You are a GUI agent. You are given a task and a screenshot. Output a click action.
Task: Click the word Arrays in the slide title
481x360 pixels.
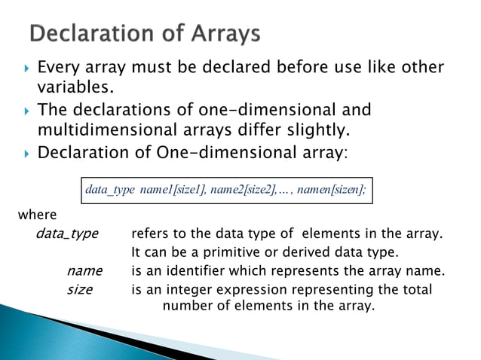tap(224, 35)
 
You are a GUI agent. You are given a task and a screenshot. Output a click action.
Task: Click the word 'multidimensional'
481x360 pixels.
tap(109, 132)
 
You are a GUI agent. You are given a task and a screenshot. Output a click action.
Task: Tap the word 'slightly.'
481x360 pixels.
tap(316, 132)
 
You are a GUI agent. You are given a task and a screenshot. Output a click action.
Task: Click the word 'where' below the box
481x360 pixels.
tap(38, 216)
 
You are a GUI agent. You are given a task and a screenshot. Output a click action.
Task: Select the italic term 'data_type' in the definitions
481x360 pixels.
tap(67, 233)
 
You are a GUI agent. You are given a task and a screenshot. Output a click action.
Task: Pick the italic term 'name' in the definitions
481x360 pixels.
tap(84, 271)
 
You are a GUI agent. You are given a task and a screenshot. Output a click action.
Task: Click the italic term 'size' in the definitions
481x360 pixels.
tap(80, 290)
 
